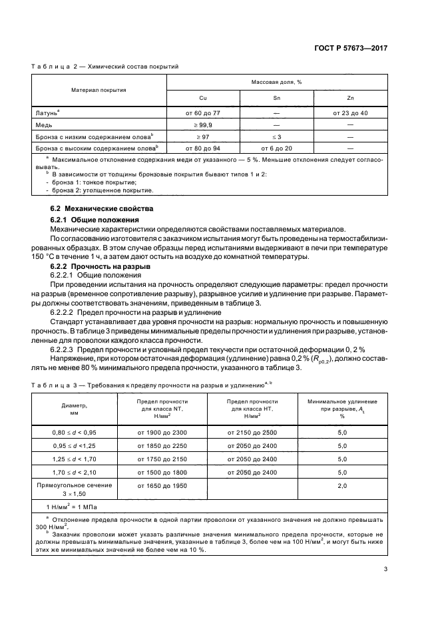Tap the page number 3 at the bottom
(x=385, y=568)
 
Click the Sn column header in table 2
(x=276, y=97)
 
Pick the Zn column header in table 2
(x=350, y=97)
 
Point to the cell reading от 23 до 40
(x=350, y=112)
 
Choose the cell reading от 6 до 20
(x=276, y=147)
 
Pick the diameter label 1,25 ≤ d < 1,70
(x=75, y=459)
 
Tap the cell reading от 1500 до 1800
(x=162, y=472)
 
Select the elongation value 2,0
(x=342, y=487)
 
